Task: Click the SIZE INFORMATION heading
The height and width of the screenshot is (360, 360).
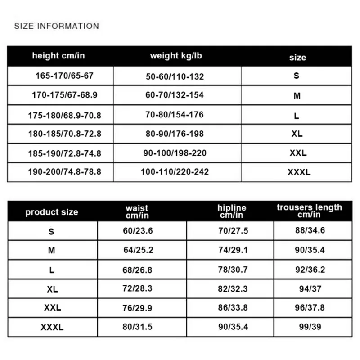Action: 56,26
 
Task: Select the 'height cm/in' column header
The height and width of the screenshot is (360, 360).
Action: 58,56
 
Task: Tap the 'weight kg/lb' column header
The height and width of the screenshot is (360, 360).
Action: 176,56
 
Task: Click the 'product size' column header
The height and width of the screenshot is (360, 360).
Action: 52,212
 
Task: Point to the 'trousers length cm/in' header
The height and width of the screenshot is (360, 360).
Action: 309,211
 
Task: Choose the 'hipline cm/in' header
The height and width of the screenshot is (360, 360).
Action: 232,211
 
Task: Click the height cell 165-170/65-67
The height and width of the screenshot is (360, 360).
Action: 64,76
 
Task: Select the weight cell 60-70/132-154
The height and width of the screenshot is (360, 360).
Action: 175,95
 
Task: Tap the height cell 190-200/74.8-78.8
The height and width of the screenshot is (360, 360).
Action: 64,172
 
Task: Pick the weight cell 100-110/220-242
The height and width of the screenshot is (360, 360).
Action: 175,172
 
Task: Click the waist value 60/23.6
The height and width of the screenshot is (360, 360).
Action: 139,231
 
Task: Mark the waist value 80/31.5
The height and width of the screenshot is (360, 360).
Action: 139,327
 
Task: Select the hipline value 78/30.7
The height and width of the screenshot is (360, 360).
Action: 233,270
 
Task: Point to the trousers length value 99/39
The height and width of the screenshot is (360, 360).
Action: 310,327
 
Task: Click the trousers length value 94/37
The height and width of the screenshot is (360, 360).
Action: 310,289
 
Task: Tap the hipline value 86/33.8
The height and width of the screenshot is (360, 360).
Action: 233,308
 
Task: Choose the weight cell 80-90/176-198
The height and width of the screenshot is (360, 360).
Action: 175,134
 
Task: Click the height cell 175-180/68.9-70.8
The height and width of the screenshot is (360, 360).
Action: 64,116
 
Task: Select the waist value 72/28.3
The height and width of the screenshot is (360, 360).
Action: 139,289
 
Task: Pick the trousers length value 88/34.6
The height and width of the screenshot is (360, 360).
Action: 310,231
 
